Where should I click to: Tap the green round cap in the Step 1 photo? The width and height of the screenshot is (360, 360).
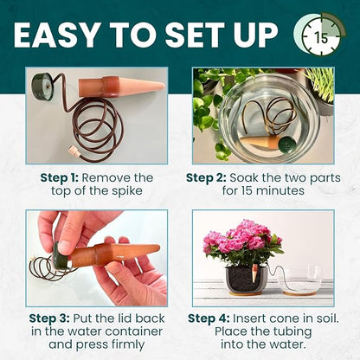42,85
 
